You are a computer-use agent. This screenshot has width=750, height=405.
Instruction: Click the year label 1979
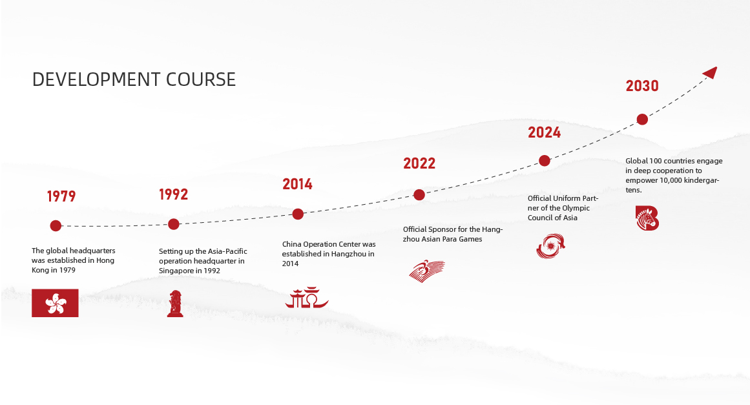pyautogui.click(x=61, y=196)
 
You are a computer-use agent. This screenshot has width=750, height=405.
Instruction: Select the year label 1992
pyautogui.click(x=173, y=194)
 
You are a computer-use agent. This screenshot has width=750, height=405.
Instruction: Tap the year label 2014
pyautogui.click(x=297, y=184)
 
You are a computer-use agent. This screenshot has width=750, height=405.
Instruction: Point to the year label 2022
pyautogui.click(x=419, y=163)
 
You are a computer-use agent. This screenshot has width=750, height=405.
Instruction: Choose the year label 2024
pyautogui.click(x=544, y=132)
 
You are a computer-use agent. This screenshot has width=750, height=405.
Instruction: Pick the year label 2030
pyautogui.click(x=642, y=86)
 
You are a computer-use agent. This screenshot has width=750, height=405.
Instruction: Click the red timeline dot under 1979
pyautogui.click(x=56, y=225)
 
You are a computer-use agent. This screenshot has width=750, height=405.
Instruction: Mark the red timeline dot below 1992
pyautogui.click(x=174, y=223)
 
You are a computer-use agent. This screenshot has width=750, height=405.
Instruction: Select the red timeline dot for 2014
pyautogui.click(x=298, y=214)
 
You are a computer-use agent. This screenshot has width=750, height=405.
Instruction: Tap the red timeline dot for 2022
pyautogui.click(x=419, y=194)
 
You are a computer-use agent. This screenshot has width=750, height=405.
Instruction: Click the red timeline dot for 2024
pyautogui.click(x=545, y=161)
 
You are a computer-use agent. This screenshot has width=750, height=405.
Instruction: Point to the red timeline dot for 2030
pyautogui.click(x=642, y=119)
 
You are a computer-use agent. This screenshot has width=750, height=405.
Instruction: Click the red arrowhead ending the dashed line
pyautogui.click(x=711, y=72)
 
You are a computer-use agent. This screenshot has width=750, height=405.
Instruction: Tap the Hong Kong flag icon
pyautogui.click(x=55, y=303)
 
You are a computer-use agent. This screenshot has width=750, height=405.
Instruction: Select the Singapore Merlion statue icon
pyautogui.click(x=175, y=303)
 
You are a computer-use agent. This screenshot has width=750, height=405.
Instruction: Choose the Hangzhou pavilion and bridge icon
pyautogui.click(x=307, y=297)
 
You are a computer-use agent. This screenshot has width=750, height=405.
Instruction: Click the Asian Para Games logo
pyautogui.click(x=426, y=271)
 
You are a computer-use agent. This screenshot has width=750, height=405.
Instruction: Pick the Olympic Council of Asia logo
pyautogui.click(x=550, y=246)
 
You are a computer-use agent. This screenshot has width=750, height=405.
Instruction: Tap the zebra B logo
pyautogui.click(x=647, y=218)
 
